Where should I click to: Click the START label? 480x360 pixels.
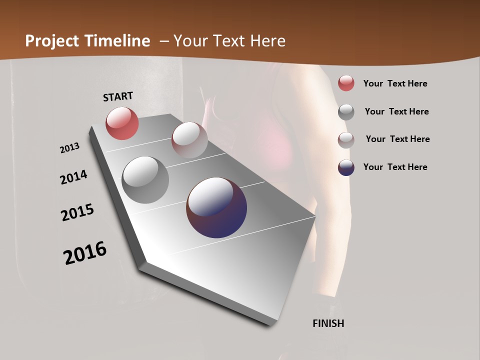(x=118, y=96)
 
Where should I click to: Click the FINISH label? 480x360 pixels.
(x=328, y=323)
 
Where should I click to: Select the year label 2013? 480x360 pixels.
(x=70, y=148)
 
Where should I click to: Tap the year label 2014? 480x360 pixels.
(x=74, y=177)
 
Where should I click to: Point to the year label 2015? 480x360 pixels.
(x=77, y=212)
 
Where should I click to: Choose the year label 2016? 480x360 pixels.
(x=85, y=253)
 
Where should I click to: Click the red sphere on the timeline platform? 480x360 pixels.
(x=122, y=123)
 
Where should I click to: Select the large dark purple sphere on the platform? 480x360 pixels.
(x=216, y=207)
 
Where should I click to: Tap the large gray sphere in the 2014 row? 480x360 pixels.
(x=145, y=180)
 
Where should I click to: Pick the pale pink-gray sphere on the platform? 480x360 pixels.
(x=189, y=140)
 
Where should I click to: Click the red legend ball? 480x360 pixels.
(x=346, y=83)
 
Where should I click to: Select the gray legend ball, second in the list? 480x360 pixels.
(x=346, y=112)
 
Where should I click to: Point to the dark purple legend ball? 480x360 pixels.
(x=346, y=167)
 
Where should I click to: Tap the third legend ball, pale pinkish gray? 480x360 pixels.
(x=346, y=139)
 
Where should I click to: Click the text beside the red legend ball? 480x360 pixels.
(x=395, y=83)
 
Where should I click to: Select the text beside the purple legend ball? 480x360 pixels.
(x=395, y=167)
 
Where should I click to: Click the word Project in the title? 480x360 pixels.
(x=52, y=41)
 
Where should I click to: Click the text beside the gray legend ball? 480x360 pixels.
(x=396, y=111)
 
